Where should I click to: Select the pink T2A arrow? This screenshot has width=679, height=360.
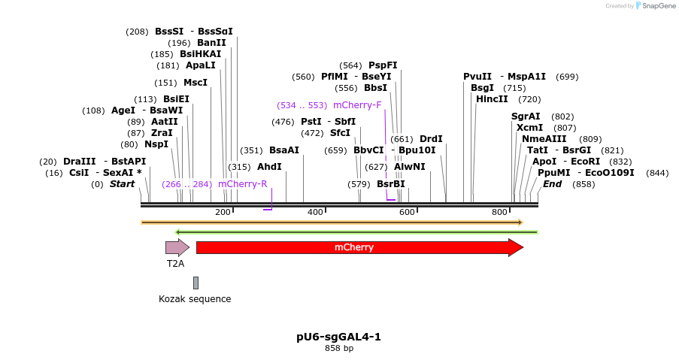177,247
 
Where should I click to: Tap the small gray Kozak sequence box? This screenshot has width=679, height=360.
196,283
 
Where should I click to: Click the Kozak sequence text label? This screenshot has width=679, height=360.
195,299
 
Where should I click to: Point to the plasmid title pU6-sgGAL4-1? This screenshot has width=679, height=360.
338,336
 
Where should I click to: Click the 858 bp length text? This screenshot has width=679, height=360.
338,348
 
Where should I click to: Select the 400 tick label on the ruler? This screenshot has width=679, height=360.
314,213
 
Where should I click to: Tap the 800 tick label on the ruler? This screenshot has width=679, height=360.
499,213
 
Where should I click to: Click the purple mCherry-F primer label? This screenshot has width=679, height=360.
357,105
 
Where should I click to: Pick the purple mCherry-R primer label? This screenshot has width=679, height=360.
242,184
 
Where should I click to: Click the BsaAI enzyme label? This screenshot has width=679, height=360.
283,150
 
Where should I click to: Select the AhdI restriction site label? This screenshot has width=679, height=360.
269,167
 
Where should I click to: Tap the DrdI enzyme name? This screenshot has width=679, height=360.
431,139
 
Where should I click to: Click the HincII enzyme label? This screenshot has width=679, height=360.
492,99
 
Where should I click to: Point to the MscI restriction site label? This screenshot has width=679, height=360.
196,83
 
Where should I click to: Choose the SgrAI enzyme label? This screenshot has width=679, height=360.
526,116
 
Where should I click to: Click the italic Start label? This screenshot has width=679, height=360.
122,184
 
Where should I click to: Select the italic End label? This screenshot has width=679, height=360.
552,184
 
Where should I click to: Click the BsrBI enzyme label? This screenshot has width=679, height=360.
390,184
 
